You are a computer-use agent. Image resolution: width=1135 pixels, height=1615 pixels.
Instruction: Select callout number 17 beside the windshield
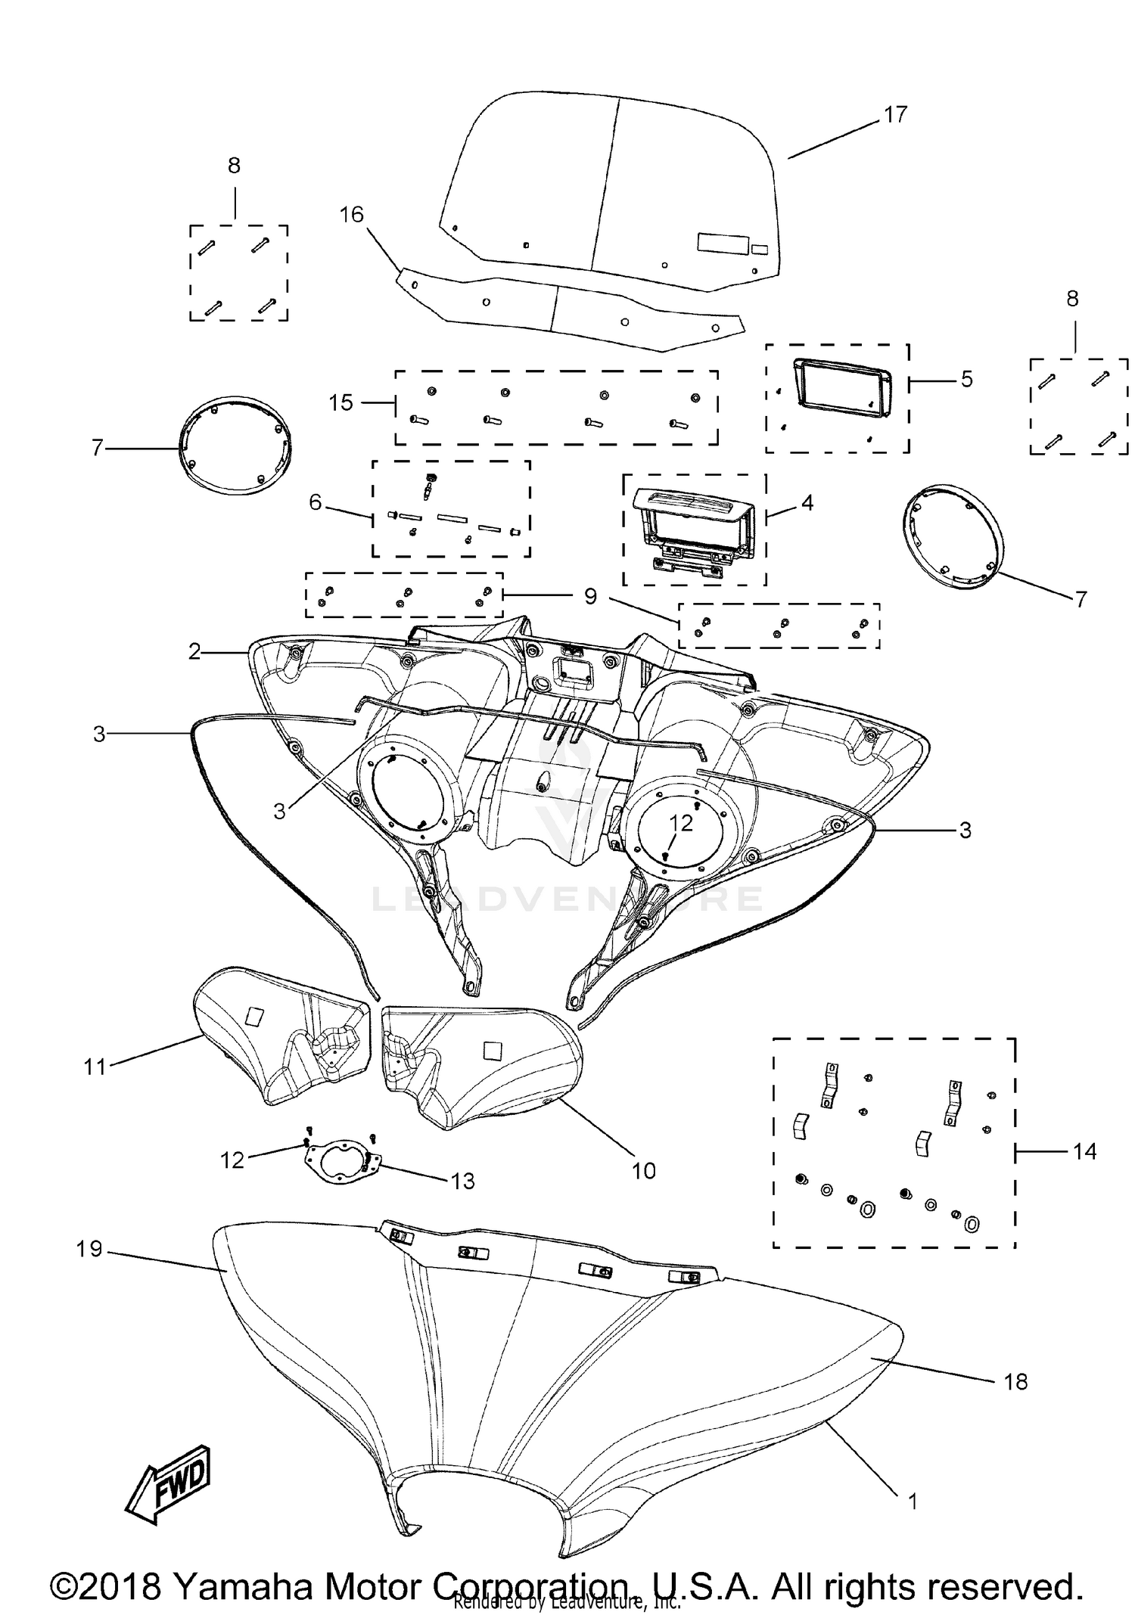click(895, 115)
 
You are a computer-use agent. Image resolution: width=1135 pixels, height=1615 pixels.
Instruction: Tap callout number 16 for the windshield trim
click(351, 215)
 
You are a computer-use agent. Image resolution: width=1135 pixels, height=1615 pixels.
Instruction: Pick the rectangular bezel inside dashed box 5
click(841, 387)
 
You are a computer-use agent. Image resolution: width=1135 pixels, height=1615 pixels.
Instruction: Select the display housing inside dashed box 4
click(693, 530)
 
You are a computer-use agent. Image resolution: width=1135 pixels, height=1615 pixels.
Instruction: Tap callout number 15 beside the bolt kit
click(341, 402)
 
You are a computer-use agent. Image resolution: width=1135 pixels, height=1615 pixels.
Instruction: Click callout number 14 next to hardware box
click(1084, 1151)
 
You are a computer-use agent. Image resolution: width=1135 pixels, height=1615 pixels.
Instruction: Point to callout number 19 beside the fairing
click(89, 1249)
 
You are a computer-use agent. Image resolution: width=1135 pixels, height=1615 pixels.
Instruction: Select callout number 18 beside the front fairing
click(1015, 1382)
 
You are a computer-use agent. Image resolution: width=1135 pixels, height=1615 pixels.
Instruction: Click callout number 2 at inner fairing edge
click(194, 651)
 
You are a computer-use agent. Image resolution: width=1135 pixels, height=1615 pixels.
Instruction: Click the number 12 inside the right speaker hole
click(681, 823)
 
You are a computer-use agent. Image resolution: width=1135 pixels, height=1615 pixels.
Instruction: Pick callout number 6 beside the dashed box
click(316, 502)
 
